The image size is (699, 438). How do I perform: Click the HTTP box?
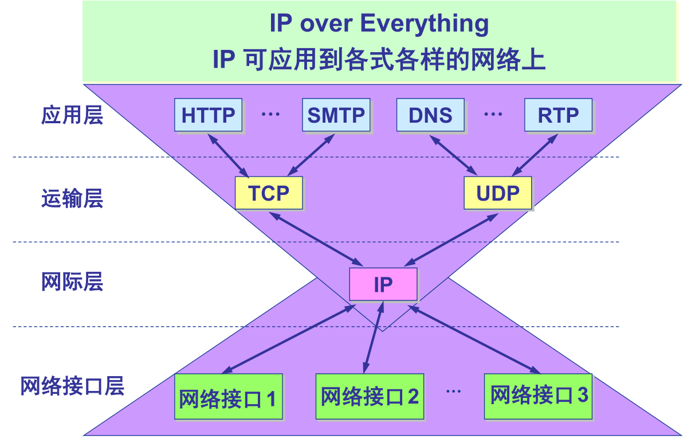(208, 115)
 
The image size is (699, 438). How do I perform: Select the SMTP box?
(336, 115)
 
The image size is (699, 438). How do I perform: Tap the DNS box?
(430, 115)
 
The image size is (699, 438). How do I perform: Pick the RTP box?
(558, 115)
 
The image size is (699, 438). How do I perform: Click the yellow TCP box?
(269, 193)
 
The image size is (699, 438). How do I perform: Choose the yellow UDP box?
(497, 193)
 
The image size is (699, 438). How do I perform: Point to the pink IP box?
(383, 284)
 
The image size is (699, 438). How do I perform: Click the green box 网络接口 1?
(227, 397)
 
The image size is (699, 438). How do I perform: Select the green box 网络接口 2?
(370, 396)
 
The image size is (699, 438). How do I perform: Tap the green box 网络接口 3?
(539, 395)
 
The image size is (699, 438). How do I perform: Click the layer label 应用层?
(72, 115)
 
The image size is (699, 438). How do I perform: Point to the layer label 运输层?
(72, 199)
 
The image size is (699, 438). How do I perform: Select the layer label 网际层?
(72, 283)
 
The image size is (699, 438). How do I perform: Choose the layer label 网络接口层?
(72, 386)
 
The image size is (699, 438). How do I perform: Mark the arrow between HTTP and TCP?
(228, 155)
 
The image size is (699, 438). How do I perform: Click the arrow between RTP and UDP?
(535, 155)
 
